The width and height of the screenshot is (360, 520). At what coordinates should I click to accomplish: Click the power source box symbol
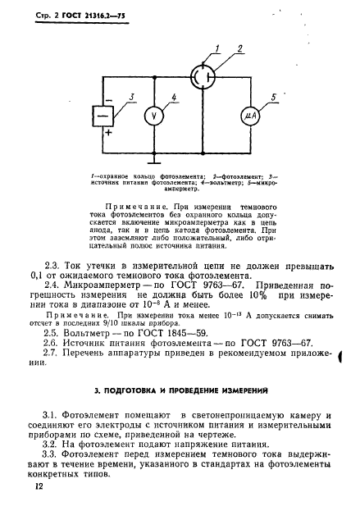pyautogui.click(x=103, y=116)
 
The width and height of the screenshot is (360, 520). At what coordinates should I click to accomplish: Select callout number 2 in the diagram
pyautogui.click(x=240, y=50)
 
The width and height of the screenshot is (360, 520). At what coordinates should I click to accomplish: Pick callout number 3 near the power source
pyautogui.click(x=130, y=96)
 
